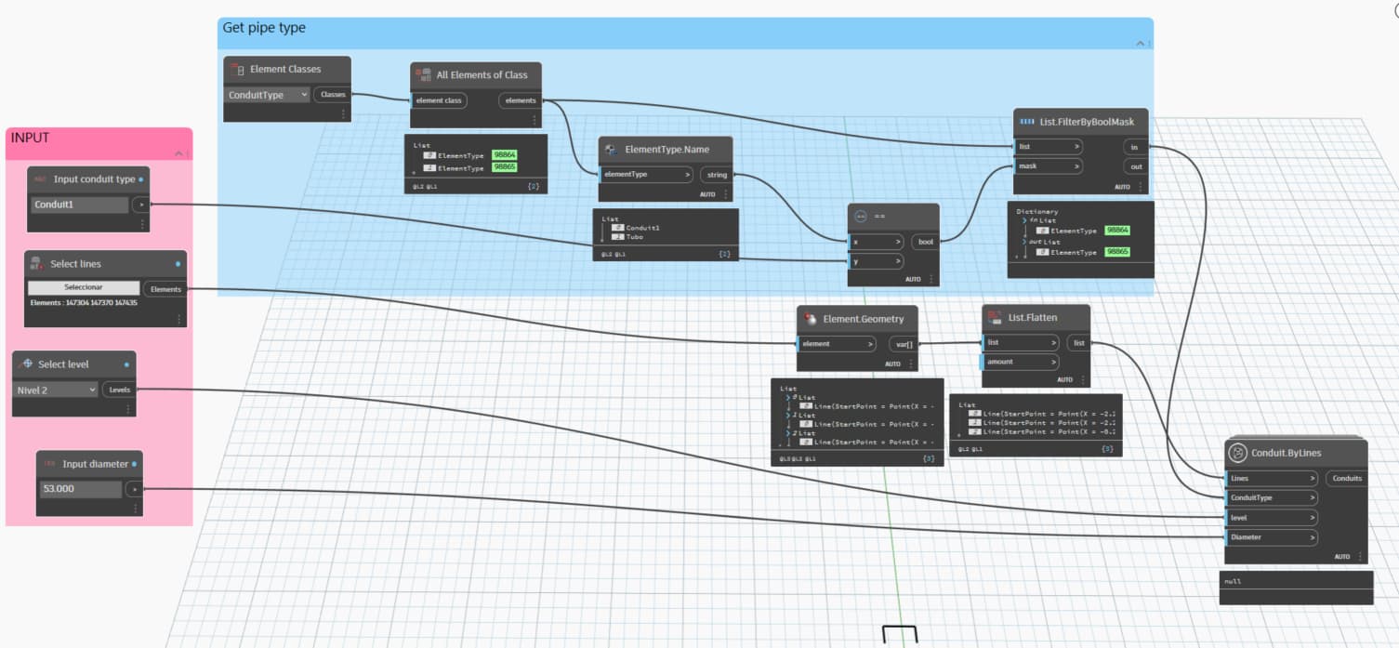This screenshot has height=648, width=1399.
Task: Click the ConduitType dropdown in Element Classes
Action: [x=268, y=95]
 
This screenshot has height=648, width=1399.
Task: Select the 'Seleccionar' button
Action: [x=84, y=287]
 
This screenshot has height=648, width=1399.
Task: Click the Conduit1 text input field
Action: [x=80, y=205]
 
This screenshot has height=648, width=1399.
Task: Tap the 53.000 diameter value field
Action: [x=80, y=488]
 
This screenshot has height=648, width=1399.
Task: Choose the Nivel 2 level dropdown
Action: [x=56, y=390]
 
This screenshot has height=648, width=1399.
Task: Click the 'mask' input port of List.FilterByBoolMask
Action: [x=1048, y=166]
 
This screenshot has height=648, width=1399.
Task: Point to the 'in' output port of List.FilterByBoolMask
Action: [x=1135, y=147]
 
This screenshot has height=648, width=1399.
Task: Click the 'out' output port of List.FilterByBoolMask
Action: [x=1135, y=166]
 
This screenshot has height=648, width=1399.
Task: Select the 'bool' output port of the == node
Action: [x=925, y=242]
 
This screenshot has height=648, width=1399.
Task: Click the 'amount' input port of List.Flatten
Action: [x=1021, y=362]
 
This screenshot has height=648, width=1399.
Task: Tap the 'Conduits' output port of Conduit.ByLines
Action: [x=1346, y=479]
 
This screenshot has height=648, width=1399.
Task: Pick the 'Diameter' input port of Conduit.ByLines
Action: [x=1272, y=537]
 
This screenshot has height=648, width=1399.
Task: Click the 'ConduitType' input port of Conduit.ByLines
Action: [x=1272, y=498]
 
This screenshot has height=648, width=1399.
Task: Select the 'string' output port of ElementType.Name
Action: [x=717, y=175]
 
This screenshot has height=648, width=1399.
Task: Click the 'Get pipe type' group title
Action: [x=264, y=29]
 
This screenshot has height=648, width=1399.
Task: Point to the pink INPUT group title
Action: [x=30, y=139]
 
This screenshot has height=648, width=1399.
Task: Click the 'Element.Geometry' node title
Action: [x=863, y=319]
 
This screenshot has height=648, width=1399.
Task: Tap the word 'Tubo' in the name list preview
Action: [x=635, y=237]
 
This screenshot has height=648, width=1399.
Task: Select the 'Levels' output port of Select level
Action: [x=119, y=390]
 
